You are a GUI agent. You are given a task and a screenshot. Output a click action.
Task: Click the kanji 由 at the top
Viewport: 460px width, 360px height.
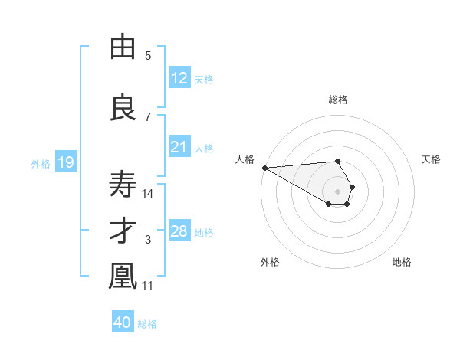pos(123,48)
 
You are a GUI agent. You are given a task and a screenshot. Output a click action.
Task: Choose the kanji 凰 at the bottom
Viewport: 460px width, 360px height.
pos(123,277)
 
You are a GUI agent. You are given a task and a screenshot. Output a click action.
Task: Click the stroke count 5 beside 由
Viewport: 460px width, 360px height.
pos(148,55)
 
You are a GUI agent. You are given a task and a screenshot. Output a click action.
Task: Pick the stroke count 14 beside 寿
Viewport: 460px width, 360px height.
pos(149,193)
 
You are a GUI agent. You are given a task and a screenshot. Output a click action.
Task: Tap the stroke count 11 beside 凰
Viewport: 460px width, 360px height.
pos(149,286)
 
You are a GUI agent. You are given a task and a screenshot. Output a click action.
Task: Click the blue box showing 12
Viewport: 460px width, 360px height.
pos(179,77)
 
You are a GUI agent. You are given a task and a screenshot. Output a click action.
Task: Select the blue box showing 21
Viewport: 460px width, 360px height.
pos(179,147)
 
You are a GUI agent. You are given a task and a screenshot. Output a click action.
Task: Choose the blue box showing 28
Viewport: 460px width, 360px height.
pos(179,231)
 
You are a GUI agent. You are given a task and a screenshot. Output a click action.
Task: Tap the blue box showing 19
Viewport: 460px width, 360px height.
pos(65,162)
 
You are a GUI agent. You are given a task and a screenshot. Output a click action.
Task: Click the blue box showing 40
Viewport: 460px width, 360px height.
pos(123,322)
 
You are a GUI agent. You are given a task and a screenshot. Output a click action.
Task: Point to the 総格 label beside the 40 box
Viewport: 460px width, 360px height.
pos(147,324)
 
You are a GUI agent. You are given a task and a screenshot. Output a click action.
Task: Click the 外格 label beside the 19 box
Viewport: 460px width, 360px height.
pos(41,164)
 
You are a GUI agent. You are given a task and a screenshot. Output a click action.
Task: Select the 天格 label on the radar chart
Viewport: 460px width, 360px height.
pos(431,159)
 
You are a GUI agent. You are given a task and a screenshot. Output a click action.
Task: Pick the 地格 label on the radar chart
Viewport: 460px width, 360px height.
pos(402,262)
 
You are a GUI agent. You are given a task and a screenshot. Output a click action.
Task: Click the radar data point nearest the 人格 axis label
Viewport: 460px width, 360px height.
pos(264,168)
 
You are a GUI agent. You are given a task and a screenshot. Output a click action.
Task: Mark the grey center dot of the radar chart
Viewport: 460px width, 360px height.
pos(337,191)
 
